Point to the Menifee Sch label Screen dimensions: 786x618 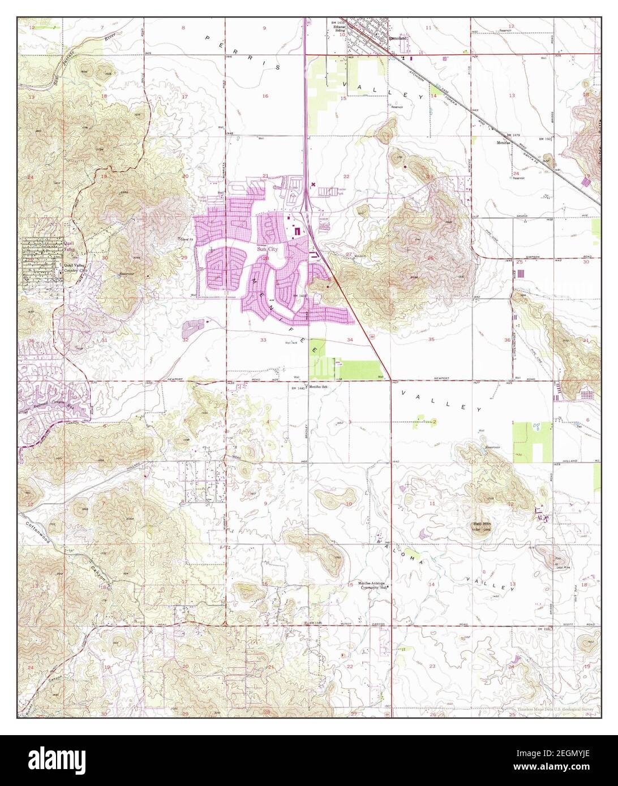(x=318, y=387)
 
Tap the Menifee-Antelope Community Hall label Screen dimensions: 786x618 (x=374, y=585)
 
